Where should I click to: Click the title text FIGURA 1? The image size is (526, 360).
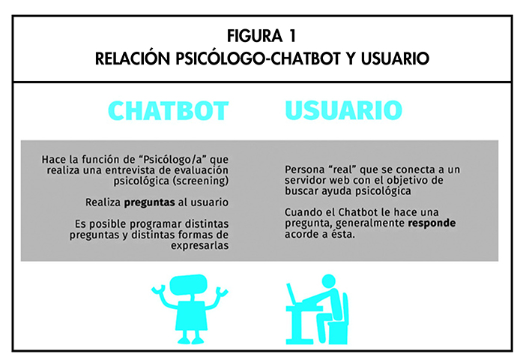(262, 36)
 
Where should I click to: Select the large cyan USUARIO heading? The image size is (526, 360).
(343, 109)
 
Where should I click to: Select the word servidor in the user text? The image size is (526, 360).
(309, 180)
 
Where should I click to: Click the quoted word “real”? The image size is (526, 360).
(344, 169)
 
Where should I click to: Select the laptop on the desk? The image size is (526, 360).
(294, 297)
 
